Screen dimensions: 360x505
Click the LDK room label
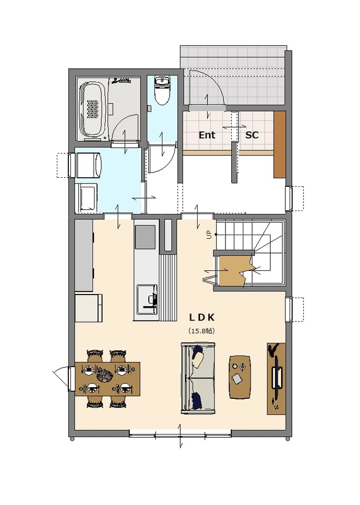tap(202, 318)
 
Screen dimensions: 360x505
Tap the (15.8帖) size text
tap(202, 331)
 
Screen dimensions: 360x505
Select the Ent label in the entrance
tap(207, 135)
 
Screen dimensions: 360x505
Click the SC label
tap(252, 135)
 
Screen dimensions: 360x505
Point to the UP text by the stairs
tap(210, 236)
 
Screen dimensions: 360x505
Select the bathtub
tap(92, 110)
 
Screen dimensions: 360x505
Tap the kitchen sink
tap(147, 299)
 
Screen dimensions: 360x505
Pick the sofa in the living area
tap(198, 378)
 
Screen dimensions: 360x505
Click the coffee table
tap(240, 377)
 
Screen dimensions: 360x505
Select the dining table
tap(107, 378)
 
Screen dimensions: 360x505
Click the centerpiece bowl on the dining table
tap(104, 376)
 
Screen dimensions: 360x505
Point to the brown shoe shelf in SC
tap(280, 144)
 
